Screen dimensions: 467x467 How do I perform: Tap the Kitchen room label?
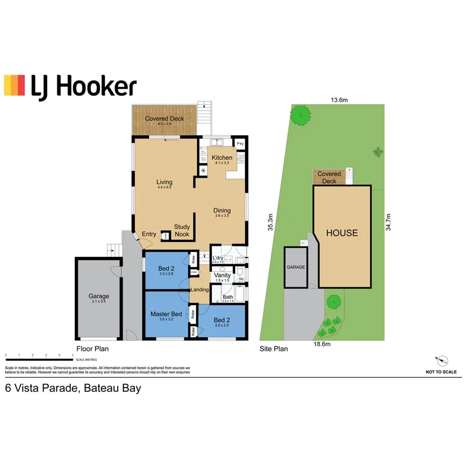(222, 158)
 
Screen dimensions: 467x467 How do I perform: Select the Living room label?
(164, 182)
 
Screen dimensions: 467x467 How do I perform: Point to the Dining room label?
(222, 211)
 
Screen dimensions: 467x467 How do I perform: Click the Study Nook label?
(182, 230)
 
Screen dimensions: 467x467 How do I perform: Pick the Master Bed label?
(166, 314)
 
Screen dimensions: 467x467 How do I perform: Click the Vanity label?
(222, 275)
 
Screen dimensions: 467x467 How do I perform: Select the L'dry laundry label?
(218, 258)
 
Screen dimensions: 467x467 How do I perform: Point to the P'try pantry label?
(240, 144)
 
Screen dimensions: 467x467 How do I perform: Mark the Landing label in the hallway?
(199, 290)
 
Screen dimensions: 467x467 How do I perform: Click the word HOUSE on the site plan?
(341, 233)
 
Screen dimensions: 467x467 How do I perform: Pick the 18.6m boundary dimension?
(322, 343)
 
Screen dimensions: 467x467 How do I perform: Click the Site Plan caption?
(273, 349)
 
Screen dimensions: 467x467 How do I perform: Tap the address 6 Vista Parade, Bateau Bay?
(73, 388)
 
